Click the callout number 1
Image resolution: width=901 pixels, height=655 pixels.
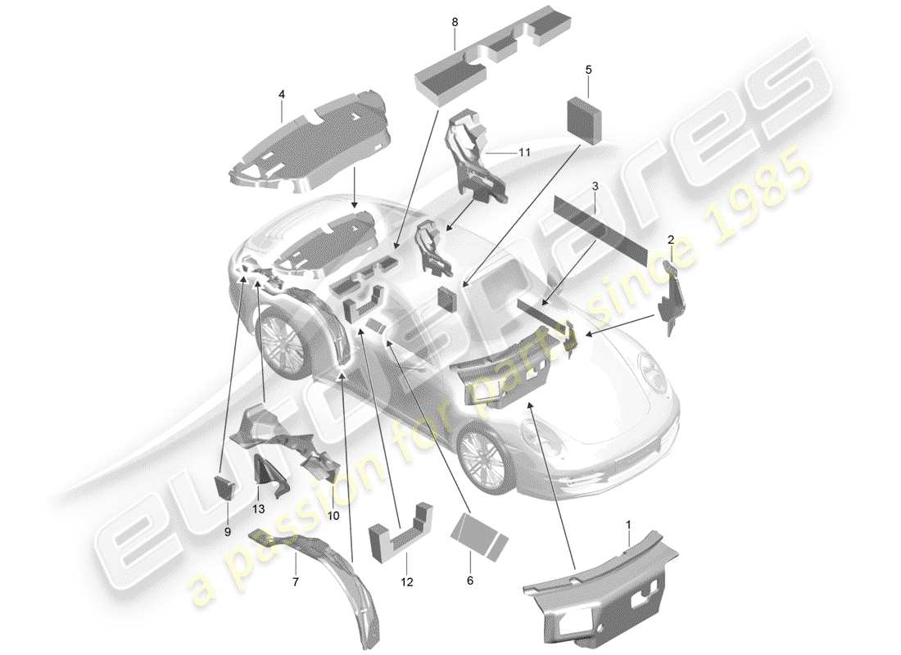tap(627, 521)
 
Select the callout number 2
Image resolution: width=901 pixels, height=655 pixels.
tap(670, 240)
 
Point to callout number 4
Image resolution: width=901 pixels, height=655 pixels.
tap(281, 95)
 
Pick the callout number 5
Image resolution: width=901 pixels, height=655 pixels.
tap(588, 70)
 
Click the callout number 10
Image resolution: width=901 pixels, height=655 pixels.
tap(333, 515)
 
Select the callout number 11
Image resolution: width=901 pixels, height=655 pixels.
tap(524, 153)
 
